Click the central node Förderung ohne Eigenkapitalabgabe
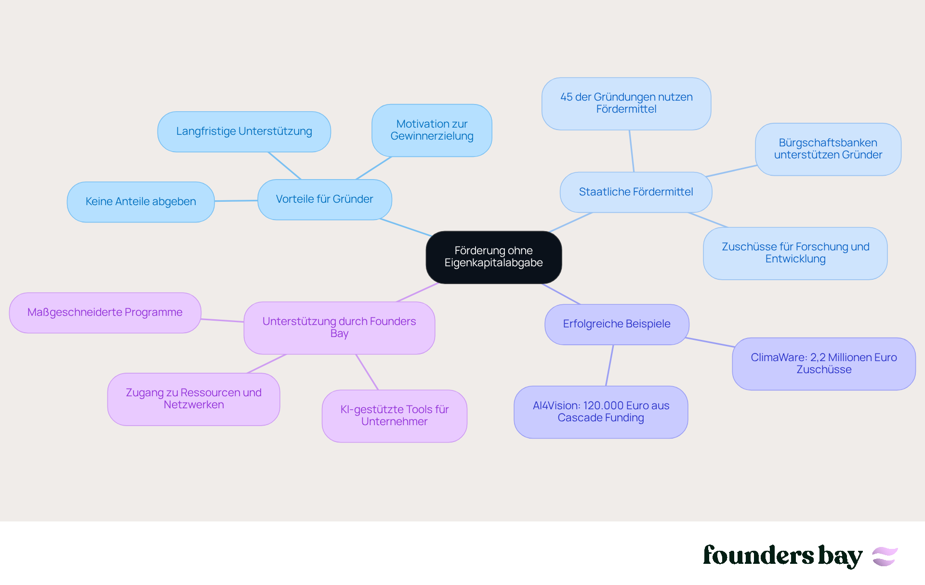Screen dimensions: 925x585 pyautogui.click(x=493, y=257)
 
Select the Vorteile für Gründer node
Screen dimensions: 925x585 pyautogui.click(x=324, y=199)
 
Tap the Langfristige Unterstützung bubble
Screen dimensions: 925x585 pyautogui.click(x=244, y=131)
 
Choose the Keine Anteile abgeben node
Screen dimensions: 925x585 pyautogui.click(x=141, y=202)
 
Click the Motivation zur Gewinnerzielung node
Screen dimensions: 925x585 pyautogui.click(x=432, y=130)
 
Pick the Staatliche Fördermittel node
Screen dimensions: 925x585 pyautogui.click(x=635, y=192)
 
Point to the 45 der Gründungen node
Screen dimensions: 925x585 pyautogui.click(x=626, y=104)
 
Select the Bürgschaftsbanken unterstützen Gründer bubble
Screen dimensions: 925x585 pyautogui.click(x=828, y=149)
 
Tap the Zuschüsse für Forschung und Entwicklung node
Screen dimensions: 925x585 pyautogui.click(x=795, y=253)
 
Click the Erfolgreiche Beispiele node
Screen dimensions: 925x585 pyautogui.click(x=616, y=324)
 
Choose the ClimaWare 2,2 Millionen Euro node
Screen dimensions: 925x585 pyautogui.click(x=823, y=364)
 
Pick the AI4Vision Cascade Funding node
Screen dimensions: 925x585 pyautogui.click(x=600, y=412)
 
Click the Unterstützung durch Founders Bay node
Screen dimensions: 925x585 pyautogui.click(x=339, y=327)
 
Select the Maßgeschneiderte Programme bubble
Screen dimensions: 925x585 pyautogui.click(x=105, y=312)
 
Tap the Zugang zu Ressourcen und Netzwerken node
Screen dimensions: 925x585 pyautogui.click(x=194, y=399)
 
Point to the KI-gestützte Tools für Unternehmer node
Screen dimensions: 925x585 pyautogui.click(x=394, y=416)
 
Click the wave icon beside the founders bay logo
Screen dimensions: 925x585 pyautogui.click(x=885, y=557)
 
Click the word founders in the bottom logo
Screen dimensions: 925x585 pyautogui.click(x=758, y=556)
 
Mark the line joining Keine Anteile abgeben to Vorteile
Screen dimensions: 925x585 pyautogui.click(x=236, y=201)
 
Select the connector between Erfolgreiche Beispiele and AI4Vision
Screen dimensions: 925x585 pyautogui.click(x=609, y=365)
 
